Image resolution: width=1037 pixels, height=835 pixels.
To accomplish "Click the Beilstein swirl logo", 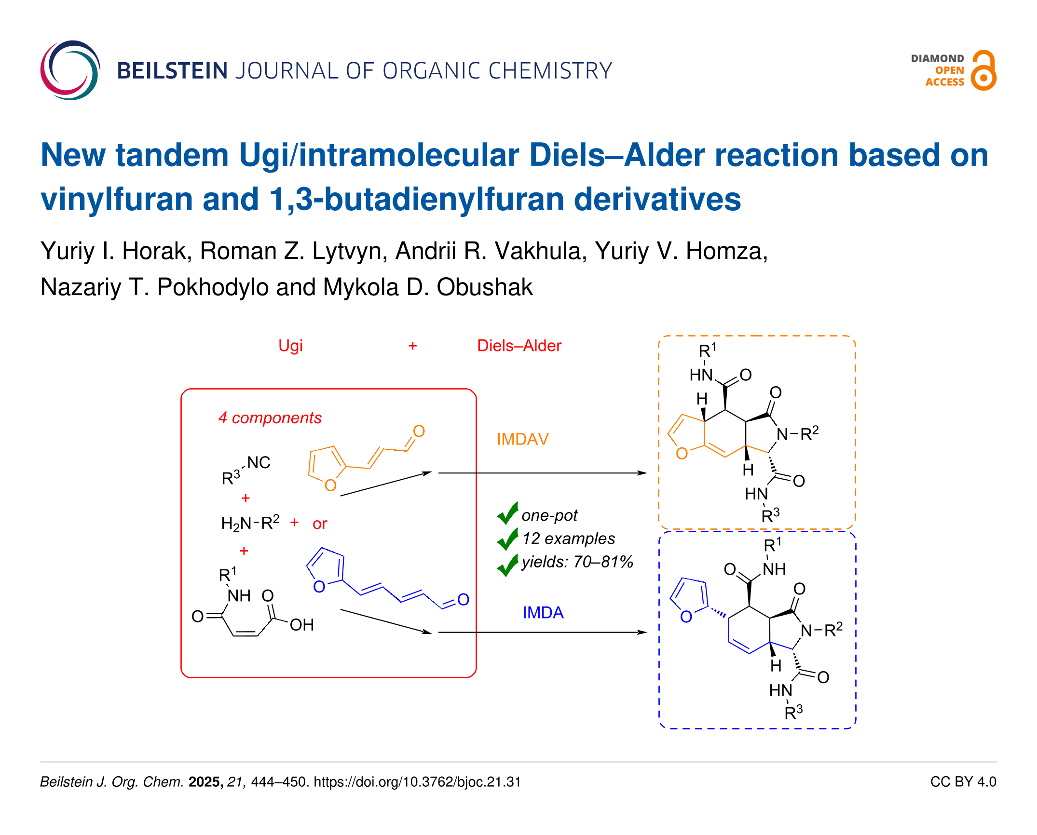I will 70,70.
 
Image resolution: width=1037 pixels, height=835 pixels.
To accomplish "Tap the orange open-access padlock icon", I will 983,71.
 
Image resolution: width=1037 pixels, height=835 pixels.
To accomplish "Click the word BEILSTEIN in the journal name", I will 172,71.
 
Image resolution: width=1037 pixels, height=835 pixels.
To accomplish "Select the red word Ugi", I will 290,346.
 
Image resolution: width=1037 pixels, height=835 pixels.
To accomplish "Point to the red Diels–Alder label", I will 519,346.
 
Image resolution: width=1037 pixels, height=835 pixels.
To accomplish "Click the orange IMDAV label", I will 522,439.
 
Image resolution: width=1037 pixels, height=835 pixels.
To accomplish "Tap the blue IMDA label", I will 543,612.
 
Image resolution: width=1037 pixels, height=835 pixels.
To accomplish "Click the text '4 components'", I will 270,417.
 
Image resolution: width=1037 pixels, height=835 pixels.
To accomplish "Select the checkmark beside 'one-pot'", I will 507,513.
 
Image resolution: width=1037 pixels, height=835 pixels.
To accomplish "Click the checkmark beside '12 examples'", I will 507,539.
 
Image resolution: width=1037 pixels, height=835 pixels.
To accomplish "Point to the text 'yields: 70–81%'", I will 577,562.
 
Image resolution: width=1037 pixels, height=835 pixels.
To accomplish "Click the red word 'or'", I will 320,524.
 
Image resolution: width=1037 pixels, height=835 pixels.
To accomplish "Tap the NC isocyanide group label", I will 259,462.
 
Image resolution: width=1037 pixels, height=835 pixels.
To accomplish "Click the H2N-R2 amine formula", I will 250,523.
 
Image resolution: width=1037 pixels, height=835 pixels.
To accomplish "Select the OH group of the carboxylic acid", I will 301,625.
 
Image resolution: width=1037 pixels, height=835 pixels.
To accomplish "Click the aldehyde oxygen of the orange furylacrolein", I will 419,431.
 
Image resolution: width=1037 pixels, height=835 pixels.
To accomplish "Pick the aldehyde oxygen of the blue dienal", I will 463,599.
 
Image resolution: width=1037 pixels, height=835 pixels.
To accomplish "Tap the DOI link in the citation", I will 417,781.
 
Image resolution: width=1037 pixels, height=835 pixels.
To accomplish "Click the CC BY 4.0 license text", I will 963,781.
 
